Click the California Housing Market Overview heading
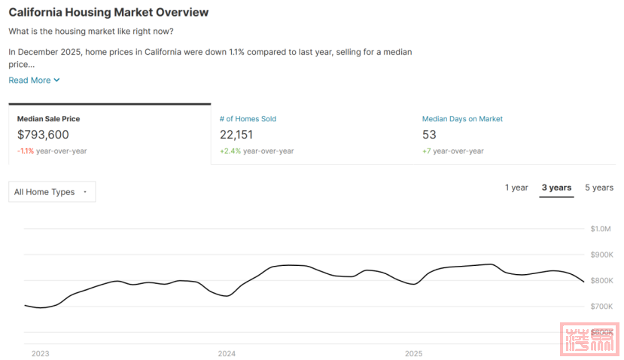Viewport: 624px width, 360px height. pos(108,13)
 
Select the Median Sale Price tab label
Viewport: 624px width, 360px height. pos(48,119)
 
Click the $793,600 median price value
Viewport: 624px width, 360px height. pos(43,135)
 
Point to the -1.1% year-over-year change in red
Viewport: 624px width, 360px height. pos(26,151)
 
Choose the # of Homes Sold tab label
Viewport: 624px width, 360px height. pos(248,119)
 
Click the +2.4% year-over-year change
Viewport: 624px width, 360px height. pos(229,151)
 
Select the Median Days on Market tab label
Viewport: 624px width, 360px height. pos(462,119)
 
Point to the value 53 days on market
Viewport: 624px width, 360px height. pos(429,135)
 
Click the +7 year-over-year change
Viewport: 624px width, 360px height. pos(427,151)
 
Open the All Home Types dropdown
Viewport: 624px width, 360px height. pos(52,192)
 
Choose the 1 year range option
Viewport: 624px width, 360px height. pos(516,188)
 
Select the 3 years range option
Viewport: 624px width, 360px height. pos(556,188)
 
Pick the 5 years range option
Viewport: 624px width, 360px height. pos(599,188)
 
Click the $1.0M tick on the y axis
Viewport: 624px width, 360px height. pos(601,229)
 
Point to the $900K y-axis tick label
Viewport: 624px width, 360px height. pos(601,255)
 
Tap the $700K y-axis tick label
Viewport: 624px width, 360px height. pos(601,307)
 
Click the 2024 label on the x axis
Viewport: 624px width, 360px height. pos(227,353)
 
